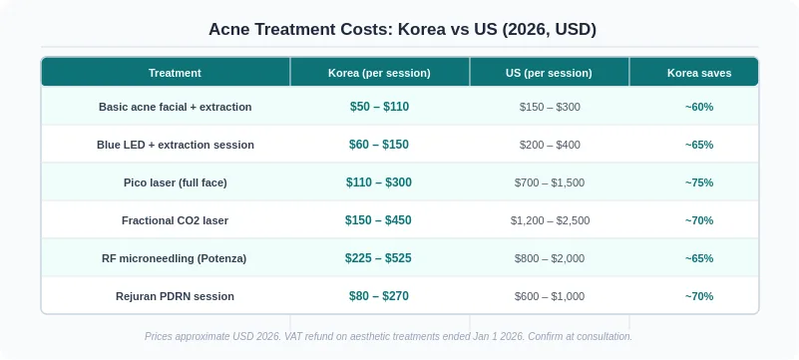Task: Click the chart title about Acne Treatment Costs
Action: point(402,30)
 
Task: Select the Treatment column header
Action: point(175,73)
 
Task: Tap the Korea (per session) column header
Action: point(379,73)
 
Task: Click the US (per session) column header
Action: point(549,73)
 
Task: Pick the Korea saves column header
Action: point(699,73)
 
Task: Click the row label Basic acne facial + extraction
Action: point(176,107)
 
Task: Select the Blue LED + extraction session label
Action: point(176,145)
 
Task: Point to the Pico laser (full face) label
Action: point(176,182)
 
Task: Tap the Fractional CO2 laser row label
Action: point(175,220)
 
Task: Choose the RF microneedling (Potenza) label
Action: point(175,258)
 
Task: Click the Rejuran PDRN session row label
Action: point(175,296)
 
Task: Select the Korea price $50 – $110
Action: point(379,107)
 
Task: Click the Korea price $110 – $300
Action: point(379,182)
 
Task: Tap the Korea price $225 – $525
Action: point(378,258)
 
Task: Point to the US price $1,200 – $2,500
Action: point(550,220)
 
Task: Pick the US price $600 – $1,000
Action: point(550,296)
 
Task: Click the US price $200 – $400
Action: point(550,145)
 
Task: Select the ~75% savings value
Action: point(699,182)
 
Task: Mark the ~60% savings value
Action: point(699,107)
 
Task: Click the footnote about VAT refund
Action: point(388,337)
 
